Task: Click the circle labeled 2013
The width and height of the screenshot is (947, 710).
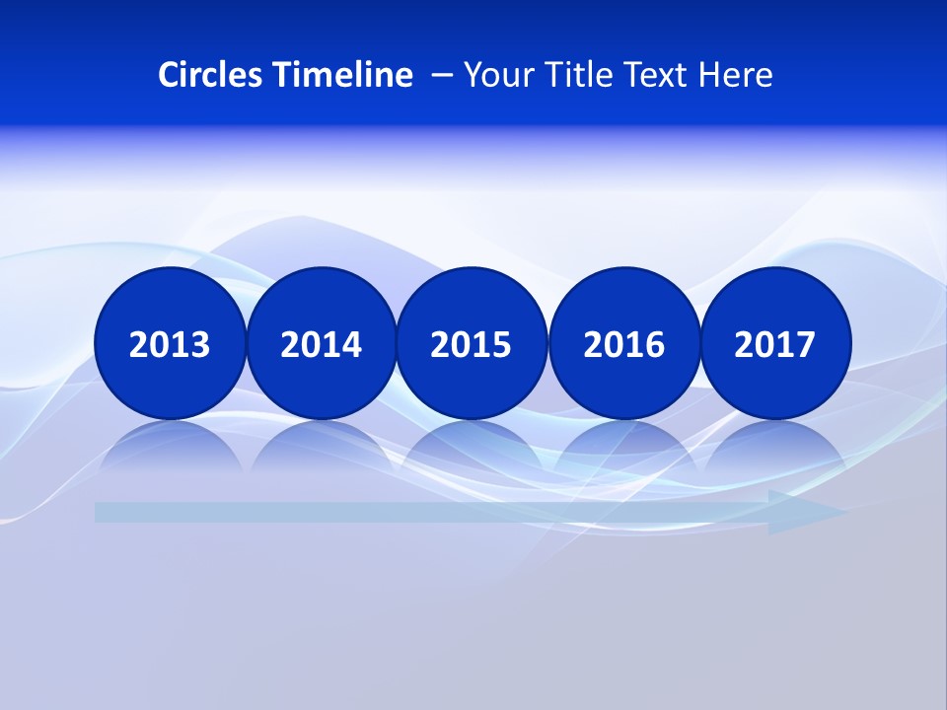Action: [x=170, y=343]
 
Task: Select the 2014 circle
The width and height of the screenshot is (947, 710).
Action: [x=321, y=343]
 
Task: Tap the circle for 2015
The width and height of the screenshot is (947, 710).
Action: [x=472, y=343]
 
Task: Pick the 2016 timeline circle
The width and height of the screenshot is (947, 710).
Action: [x=623, y=343]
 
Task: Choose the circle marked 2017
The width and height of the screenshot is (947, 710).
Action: [x=774, y=343]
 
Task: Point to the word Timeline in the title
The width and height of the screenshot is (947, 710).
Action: [x=344, y=75]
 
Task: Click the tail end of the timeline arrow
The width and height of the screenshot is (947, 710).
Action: [x=103, y=512]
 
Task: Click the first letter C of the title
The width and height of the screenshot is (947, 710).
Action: [x=169, y=75]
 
